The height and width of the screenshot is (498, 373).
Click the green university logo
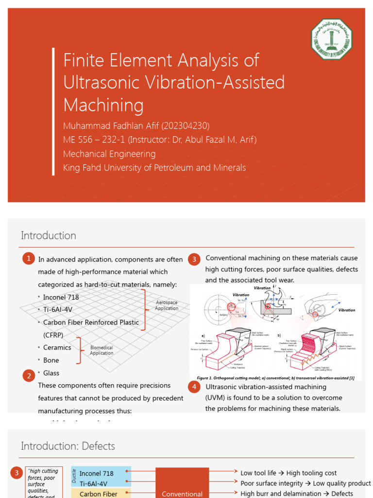[x=332, y=39]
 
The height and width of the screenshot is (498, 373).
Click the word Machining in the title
[x=103, y=105]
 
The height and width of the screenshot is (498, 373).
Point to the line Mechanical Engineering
[x=109, y=154]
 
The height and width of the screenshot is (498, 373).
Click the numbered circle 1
[x=28, y=259]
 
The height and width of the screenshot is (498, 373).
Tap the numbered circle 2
[x=28, y=375]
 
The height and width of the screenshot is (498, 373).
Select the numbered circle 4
[x=194, y=387]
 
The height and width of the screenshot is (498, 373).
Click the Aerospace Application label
[x=166, y=305]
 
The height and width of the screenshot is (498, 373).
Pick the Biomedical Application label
[x=101, y=350]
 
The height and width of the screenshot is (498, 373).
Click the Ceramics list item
[x=57, y=348]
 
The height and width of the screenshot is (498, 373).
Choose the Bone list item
[x=51, y=360]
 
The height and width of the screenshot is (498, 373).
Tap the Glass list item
[x=51, y=373]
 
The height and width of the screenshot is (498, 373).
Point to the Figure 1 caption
[x=275, y=378]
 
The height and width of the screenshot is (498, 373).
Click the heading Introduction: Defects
[x=68, y=446]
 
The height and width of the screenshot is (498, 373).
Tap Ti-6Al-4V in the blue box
[x=93, y=483]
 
